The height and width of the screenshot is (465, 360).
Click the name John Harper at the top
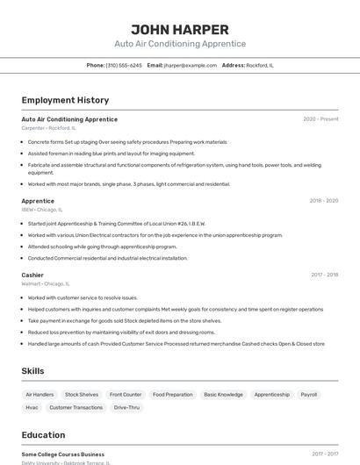click(x=180, y=29)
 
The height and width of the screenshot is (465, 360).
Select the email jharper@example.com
click(x=190, y=65)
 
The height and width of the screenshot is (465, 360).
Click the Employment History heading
click(x=65, y=100)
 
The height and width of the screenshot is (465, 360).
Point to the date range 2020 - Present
click(x=320, y=119)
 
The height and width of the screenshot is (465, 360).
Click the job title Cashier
click(x=32, y=275)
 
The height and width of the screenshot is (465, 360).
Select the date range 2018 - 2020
click(x=323, y=201)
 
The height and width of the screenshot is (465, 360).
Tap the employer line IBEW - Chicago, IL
click(x=42, y=210)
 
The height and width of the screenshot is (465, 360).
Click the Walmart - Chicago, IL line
click(x=46, y=283)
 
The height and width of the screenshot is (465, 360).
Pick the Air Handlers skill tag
click(x=40, y=395)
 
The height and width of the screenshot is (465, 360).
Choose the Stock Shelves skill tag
click(x=82, y=395)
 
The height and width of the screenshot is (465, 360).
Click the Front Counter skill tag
click(x=126, y=395)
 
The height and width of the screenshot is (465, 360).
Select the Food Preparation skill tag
click(x=172, y=395)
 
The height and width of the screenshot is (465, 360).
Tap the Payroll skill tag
click(x=309, y=395)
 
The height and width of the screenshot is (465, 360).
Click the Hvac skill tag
click(x=32, y=407)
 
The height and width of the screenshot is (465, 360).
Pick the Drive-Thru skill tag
click(x=126, y=407)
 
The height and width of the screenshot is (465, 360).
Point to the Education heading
click(x=43, y=434)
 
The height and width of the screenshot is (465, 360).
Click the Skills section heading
click(x=32, y=371)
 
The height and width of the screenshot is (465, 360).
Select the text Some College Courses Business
click(x=63, y=454)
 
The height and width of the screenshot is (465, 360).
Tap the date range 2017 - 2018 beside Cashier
click(x=324, y=275)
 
